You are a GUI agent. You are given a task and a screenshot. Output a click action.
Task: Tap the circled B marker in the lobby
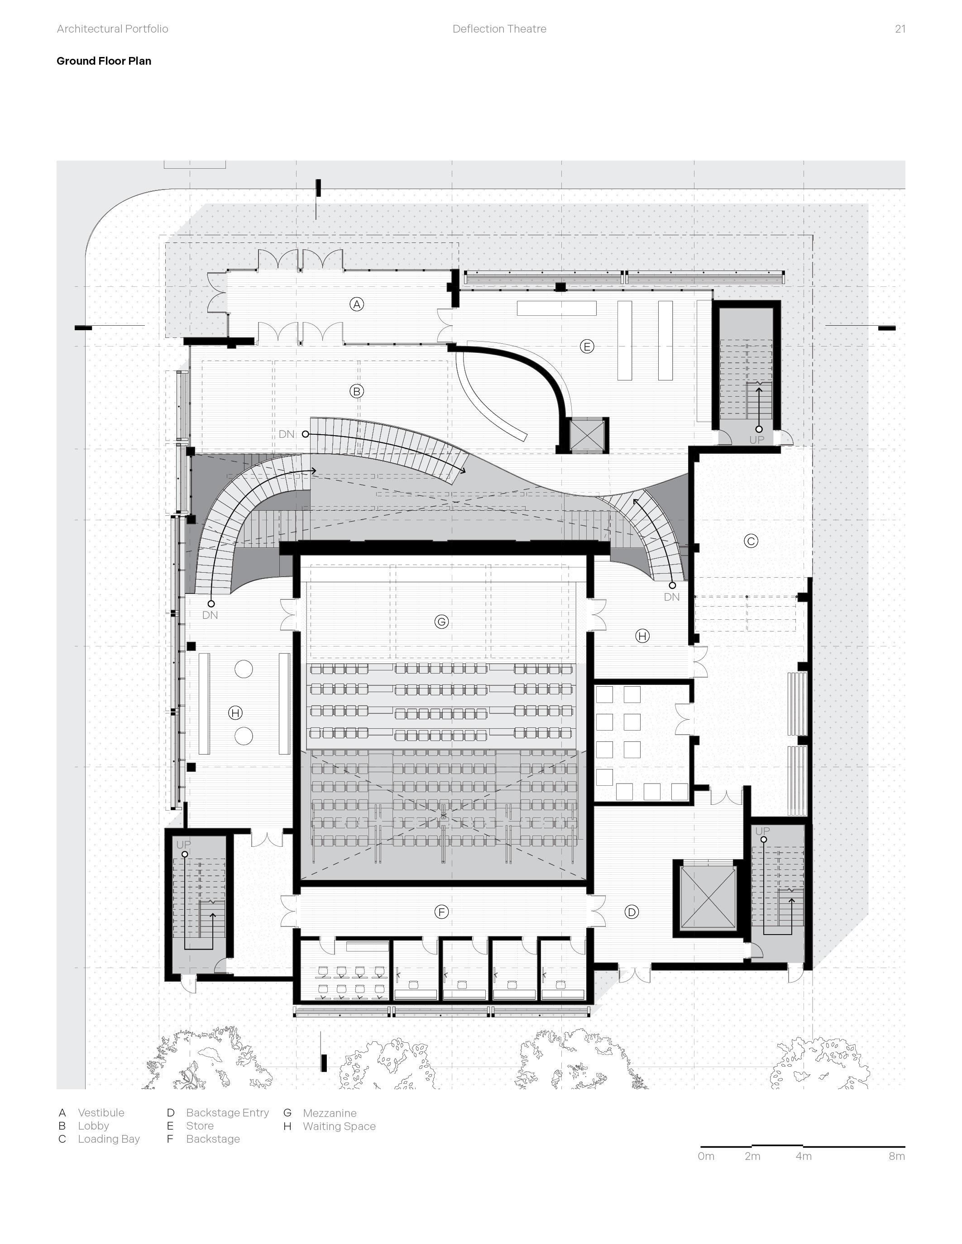[x=357, y=391]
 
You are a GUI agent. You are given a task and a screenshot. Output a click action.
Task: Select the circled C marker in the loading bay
[x=751, y=541]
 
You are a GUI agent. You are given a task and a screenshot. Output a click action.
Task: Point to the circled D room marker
[x=632, y=912]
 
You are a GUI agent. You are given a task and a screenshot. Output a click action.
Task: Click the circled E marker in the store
[x=586, y=347]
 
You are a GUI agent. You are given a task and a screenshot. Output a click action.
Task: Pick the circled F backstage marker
[x=441, y=912]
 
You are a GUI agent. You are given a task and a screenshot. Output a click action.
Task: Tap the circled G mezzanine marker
[x=441, y=622]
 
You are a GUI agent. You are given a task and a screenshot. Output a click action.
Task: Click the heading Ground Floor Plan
[x=104, y=61]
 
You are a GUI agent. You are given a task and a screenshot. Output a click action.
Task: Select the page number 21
[x=900, y=29]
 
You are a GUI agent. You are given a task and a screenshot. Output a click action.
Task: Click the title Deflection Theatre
[x=499, y=29]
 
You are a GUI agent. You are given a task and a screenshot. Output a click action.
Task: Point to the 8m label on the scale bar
[x=896, y=1156]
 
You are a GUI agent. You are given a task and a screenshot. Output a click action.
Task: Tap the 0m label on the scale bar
[x=706, y=1156]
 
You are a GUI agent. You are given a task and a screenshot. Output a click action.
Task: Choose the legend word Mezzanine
[x=330, y=1112]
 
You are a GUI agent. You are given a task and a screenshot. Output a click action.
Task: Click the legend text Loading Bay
[x=109, y=1139]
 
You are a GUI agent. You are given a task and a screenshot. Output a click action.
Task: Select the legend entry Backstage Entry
[x=227, y=1112]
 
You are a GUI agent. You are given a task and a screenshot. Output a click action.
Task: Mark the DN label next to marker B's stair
[x=286, y=434]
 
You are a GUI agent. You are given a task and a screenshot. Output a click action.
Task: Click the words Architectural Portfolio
[x=112, y=29]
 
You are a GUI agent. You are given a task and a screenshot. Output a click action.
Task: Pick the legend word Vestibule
[x=101, y=1112]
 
